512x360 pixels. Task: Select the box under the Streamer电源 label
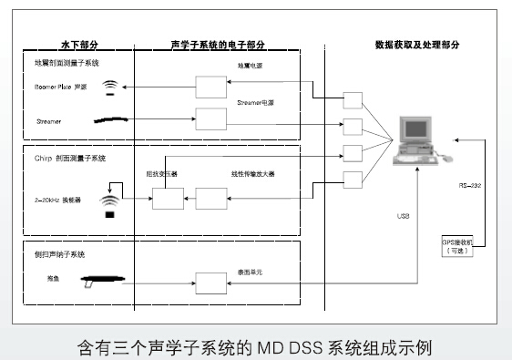(x=211, y=118)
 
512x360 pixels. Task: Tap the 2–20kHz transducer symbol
(x=110, y=201)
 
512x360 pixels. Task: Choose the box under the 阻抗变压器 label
(x=167, y=198)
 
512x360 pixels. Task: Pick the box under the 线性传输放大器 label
(x=211, y=198)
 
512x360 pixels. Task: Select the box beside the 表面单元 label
(x=211, y=283)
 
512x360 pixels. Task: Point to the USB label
(x=403, y=217)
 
